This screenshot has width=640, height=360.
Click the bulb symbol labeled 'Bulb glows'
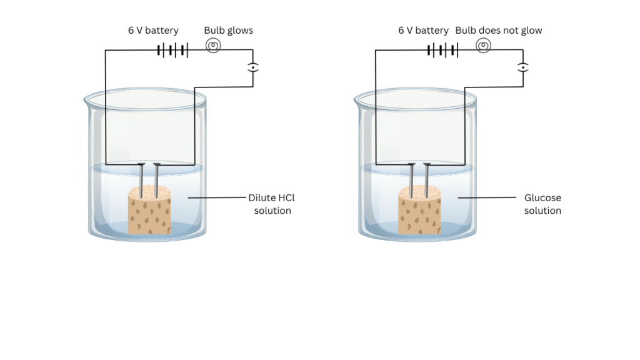point(212,46)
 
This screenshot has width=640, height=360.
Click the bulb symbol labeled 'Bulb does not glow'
point(483,46)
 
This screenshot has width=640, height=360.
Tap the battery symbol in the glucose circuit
point(443,49)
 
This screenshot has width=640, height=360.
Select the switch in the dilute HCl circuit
point(252,67)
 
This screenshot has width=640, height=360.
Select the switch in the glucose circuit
point(522,67)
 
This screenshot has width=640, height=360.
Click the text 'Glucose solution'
point(542,204)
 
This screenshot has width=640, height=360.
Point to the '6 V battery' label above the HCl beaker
point(153,30)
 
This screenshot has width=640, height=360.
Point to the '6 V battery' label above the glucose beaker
point(423,30)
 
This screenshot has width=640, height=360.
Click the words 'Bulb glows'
point(229,30)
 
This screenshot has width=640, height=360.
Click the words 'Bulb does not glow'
point(499,30)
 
